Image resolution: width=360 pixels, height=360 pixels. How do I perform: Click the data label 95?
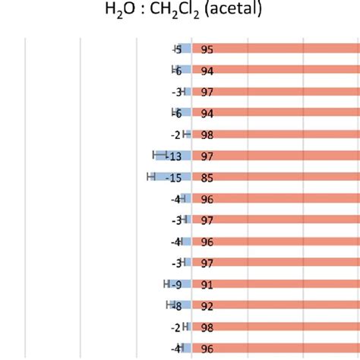point(207,49)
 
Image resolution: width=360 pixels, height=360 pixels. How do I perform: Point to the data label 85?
point(207,178)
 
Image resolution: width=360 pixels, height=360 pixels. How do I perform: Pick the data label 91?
point(207,285)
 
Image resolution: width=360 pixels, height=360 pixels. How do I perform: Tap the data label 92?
point(207,306)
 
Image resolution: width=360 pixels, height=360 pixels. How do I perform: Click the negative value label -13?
point(174,156)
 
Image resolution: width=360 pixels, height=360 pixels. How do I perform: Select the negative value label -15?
point(174,178)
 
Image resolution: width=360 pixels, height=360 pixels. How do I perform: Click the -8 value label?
point(176,306)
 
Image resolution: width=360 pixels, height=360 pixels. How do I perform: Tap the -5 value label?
point(177,49)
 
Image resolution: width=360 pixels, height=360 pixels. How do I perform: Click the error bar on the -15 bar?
point(151,178)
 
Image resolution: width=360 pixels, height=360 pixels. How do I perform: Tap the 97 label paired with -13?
point(207,156)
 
